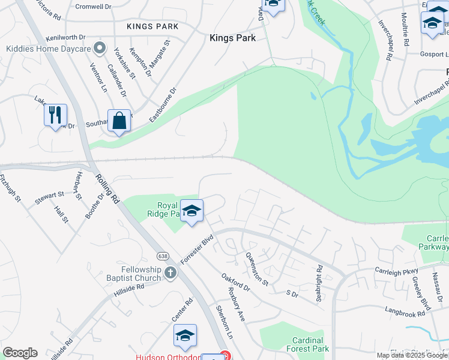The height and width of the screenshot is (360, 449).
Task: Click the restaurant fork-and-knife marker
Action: [x=55, y=115]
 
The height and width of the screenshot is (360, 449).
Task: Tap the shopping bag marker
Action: [x=119, y=120]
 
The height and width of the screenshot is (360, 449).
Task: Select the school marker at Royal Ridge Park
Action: [x=191, y=211]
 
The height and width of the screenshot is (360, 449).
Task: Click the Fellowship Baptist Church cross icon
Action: [x=170, y=274]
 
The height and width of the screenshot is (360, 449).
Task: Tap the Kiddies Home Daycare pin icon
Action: [x=101, y=48]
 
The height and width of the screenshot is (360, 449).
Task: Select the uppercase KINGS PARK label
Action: [x=152, y=26]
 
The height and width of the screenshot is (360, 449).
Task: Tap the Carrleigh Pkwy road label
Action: [x=396, y=271]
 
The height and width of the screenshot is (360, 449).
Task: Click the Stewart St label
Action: [x=49, y=196]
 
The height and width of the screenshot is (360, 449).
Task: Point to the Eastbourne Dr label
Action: [x=163, y=106]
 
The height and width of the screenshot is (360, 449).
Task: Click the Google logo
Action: [x=20, y=353]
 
